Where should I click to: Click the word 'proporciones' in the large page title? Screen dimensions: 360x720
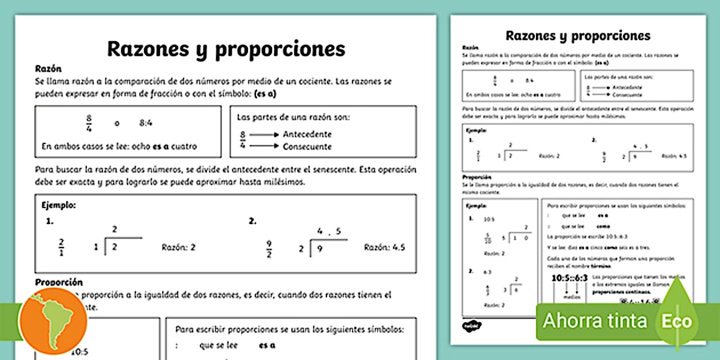[x=280, y=49]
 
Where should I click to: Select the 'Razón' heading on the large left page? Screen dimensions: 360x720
[x=48, y=69]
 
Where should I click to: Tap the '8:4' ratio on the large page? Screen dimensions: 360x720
[x=146, y=122]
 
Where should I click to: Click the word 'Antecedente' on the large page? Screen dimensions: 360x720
[x=307, y=134]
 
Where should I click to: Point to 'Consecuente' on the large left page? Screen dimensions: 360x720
[x=307, y=147]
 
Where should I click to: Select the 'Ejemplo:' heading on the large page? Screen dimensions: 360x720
[x=59, y=204]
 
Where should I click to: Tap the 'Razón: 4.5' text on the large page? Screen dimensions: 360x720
[x=385, y=247]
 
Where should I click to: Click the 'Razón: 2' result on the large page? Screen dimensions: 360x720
[x=179, y=247]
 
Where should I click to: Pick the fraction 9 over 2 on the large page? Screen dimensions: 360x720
[x=269, y=248]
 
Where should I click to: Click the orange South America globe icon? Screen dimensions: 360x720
[x=52, y=322]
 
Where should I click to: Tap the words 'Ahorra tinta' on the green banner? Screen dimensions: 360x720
[x=595, y=321]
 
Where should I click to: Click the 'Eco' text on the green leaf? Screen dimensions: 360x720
[x=677, y=321]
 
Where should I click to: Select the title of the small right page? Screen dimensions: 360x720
[x=578, y=35]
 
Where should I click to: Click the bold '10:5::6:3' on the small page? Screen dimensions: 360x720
[x=570, y=278]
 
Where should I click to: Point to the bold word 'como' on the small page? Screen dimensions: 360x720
[x=604, y=226]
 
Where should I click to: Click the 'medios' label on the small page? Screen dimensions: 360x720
[x=569, y=297]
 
